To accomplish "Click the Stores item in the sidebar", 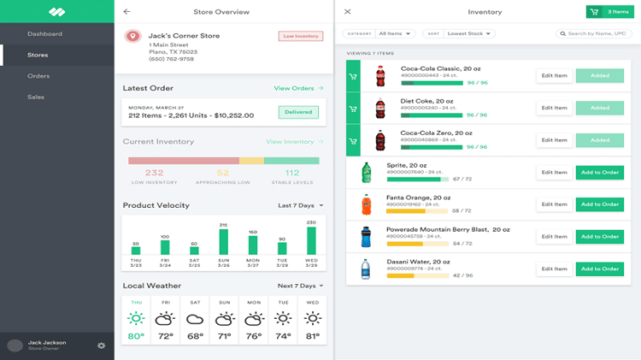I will pos(38,55).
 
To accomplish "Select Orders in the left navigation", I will pos(38,76).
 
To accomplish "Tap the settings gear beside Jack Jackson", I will pos(102,345).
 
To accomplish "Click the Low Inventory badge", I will pos(300,36).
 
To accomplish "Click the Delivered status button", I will pos(297,112).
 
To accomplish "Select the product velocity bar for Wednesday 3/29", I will pos(312,240).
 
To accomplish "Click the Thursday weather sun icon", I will pos(136,319).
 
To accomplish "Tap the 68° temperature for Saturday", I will pos(195,336).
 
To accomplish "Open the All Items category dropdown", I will pos(396,33).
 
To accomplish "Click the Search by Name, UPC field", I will pos(595,33).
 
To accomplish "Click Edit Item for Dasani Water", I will pos(554,269).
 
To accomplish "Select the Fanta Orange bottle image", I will pos(367,204).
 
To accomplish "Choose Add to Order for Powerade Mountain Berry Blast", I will pos(599,237).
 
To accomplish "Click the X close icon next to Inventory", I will pos(347,12).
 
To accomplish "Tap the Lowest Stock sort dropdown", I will pos(468,33).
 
